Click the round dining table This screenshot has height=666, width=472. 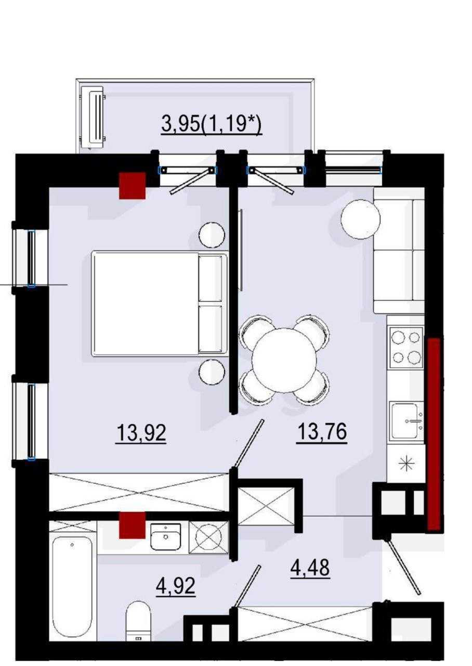tap(284, 360)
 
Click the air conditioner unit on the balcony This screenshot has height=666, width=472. tap(93, 117)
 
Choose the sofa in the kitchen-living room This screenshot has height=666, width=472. tap(399, 250)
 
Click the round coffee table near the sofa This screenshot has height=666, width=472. tap(361, 219)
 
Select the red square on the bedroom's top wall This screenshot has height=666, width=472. tap(132, 186)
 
